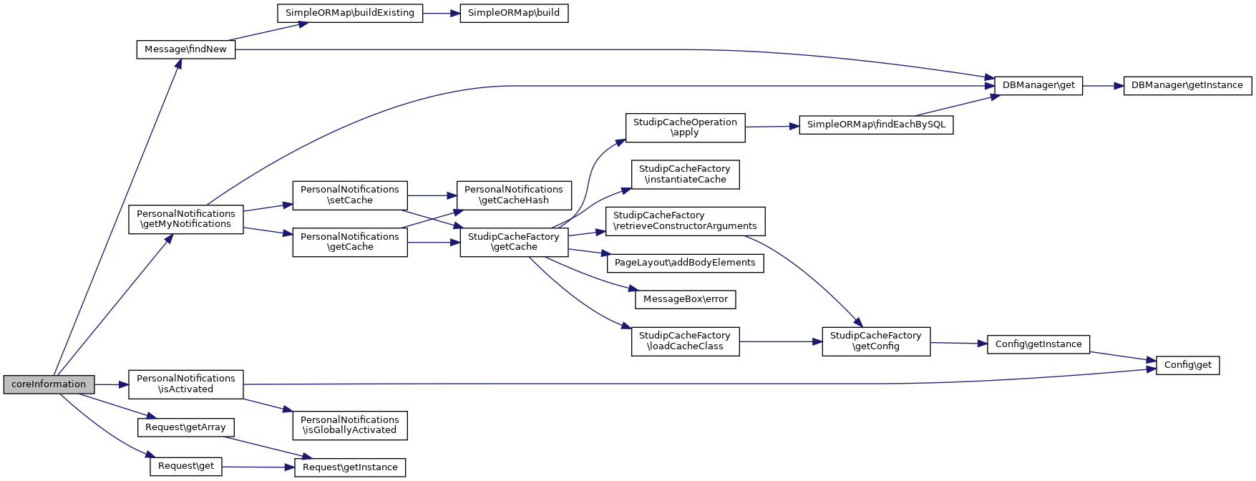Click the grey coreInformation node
point(49,384)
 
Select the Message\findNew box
point(185,49)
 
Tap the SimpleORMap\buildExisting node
point(349,13)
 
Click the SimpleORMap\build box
point(514,13)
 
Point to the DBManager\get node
point(1038,85)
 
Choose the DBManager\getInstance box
point(1187,85)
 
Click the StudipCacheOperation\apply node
point(685,127)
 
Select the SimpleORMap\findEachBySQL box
point(876,125)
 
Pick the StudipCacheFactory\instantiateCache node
point(685,174)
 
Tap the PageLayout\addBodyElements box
point(685,263)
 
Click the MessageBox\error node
point(685,299)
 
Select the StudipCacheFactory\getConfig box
point(875,341)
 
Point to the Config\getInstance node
point(1038,344)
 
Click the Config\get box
point(1187,365)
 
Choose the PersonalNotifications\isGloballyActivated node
point(349,425)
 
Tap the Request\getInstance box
point(350,467)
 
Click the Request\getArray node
point(185,427)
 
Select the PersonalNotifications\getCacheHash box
point(514,195)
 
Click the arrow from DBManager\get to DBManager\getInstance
point(1103,85)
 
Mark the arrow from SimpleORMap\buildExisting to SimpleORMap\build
point(441,13)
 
